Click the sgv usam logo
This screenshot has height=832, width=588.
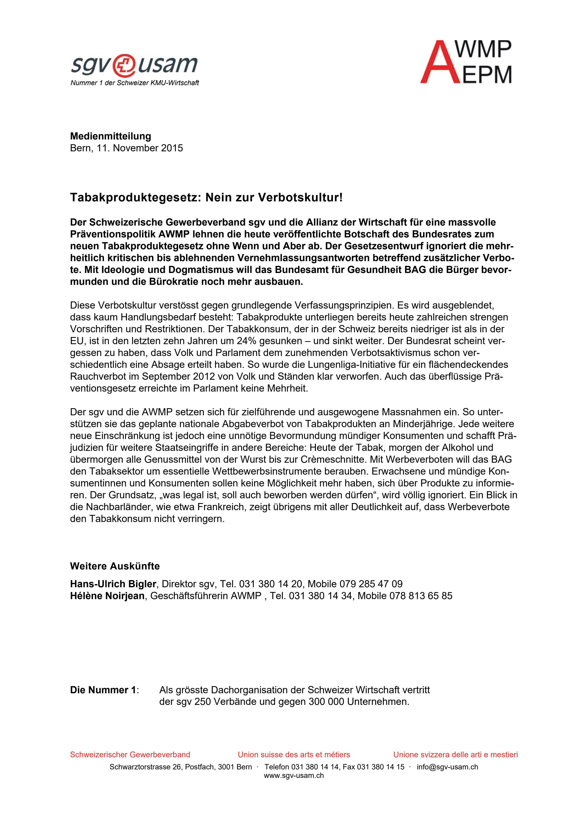click(x=134, y=65)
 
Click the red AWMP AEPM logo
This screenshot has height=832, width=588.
click(x=466, y=62)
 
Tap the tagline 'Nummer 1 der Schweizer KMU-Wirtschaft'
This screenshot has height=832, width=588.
click(x=134, y=83)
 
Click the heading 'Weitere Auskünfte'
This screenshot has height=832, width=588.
click(x=115, y=566)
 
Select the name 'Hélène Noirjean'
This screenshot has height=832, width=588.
click(x=107, y=596)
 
